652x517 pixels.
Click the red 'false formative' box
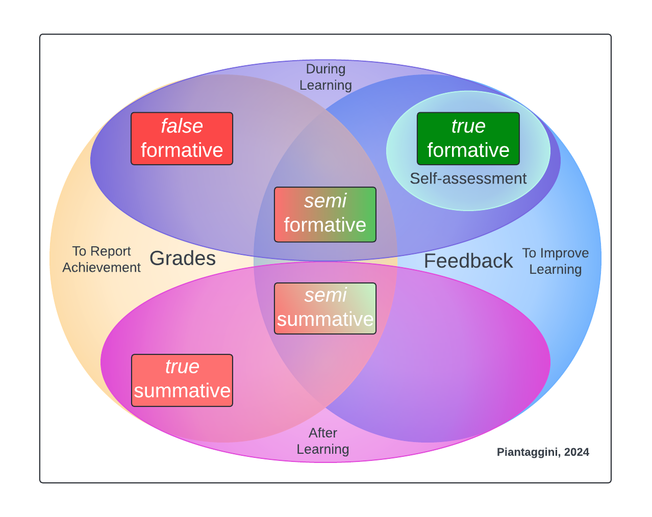[182, 139]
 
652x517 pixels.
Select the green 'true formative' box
[468, 139]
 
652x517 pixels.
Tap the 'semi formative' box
[325, 214]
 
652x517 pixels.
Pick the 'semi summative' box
[325, 308]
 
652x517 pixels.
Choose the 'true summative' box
[182, 380]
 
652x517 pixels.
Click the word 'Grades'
[182, 258]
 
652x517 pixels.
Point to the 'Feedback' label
[468, 261]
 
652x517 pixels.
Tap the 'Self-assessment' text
[468, 178]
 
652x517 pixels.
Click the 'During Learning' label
[325, 77]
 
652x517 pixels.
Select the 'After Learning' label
[323, 441]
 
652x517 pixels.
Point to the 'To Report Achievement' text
[102, 260]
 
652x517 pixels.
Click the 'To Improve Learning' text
[555, 261]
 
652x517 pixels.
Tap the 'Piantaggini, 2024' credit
[543, 452]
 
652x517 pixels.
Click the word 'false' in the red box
[182, 126]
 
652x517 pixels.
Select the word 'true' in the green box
[468, 126]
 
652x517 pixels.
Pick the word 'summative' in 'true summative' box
[182, 391]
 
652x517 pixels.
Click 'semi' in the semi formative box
[325, 201]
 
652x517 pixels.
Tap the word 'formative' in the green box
[468, 150]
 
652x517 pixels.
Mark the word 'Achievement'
[102, 268]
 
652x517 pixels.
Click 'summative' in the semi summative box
[325, 320]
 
